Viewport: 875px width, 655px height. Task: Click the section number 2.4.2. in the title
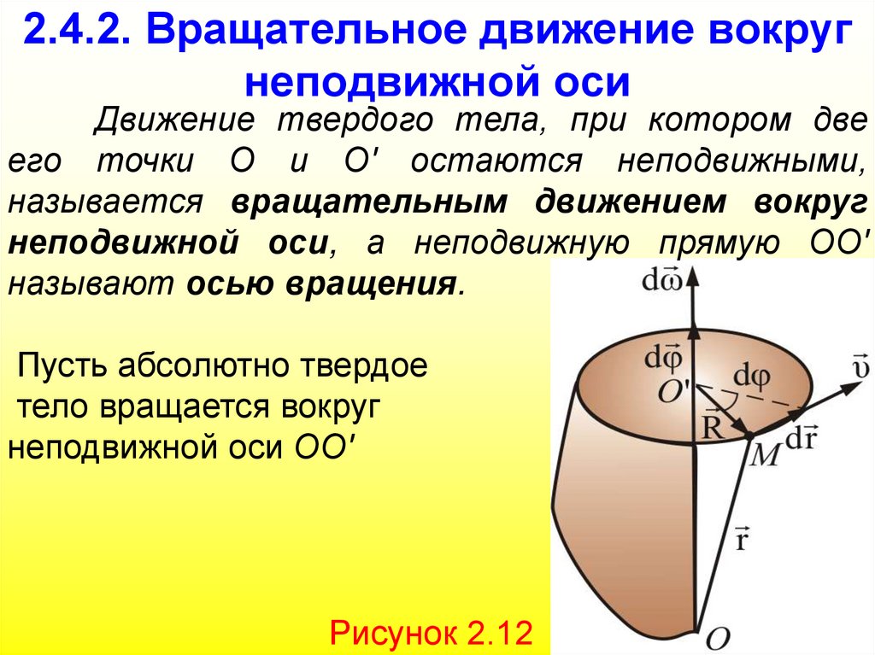pyautogui.click(x=78, y=35)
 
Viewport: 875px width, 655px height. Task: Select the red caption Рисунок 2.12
pyautogui.click(x=432, y=633)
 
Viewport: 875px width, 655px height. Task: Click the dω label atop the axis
pyautogui.click(x=661, y=280)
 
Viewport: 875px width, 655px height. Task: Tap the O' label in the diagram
pyautogui.click(x=676, y=390)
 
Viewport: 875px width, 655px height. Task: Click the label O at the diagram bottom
pyautogui.click(x=719, y=635)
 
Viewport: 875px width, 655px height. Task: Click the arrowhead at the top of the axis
pyautogui.click(x=693, y=274)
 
